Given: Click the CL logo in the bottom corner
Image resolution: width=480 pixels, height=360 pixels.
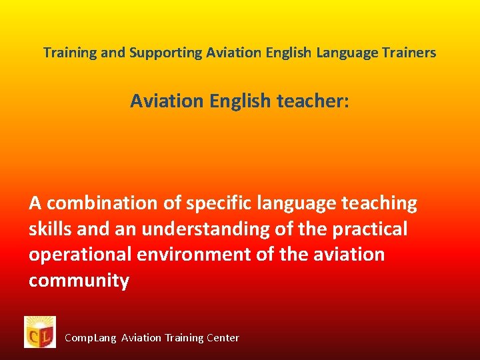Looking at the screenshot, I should pos(40,332).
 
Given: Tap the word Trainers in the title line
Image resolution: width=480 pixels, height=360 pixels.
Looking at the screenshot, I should pos(410,52).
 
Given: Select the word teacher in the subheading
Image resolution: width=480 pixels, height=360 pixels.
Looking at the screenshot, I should pos(311,101).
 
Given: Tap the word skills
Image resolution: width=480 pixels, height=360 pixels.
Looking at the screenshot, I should pos(50,229).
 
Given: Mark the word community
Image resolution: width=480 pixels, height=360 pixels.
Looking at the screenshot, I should pos(79,281).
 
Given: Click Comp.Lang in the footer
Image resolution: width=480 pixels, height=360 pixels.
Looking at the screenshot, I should pos(91,338).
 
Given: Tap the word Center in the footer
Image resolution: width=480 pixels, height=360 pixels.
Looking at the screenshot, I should pos(223,338).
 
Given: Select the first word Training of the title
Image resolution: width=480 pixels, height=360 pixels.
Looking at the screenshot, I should pos(69,52).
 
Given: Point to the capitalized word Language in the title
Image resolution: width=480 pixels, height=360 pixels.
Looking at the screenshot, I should pos(347,52).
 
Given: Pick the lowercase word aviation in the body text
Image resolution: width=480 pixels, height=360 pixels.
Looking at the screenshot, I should pos(347,255).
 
